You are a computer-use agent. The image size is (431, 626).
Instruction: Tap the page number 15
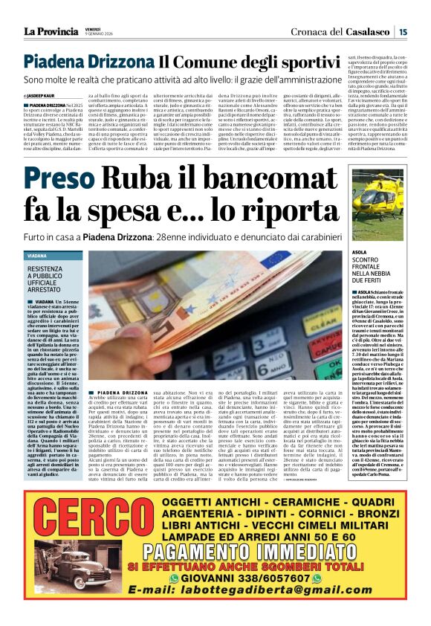click(402, 31)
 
